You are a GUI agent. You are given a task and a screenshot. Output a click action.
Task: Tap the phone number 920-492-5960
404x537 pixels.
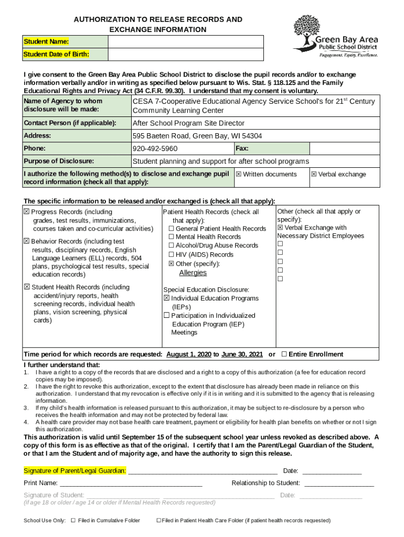[x=155, y=148]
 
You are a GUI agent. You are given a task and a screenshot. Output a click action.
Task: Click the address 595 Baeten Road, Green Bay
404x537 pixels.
[x=197, y=136]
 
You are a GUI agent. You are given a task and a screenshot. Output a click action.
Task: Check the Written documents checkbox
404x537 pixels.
[x=239, y=175]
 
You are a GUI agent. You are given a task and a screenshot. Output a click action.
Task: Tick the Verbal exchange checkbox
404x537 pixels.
[x=314, y=175]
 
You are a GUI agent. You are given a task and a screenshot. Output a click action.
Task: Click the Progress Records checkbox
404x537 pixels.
[x=27, y=212]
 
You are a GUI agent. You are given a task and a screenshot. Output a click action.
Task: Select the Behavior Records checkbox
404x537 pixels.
[x=27, y=241]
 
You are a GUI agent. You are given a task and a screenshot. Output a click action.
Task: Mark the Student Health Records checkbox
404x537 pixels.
[x=27, y=287]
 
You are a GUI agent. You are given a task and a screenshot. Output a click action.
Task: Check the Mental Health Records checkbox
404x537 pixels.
[x=171, y=237]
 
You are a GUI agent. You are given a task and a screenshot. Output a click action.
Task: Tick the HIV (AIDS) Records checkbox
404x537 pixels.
[x=171, y=255]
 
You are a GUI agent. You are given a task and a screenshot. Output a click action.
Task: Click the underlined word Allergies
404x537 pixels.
[x=193, y=273]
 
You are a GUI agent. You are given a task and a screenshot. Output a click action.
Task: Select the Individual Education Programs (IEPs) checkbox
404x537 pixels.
[x=166, y=298]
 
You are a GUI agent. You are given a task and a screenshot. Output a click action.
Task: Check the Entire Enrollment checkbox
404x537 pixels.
[x=284, y=355]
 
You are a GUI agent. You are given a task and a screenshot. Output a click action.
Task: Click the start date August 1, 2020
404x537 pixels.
[x=189, y=355]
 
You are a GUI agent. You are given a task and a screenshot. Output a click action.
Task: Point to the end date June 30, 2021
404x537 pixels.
[x=242, y=355]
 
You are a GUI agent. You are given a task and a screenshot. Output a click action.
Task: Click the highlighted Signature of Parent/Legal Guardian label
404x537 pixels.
[x=75, y=470]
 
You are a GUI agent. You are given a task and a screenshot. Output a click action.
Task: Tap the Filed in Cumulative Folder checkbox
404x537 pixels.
[x=73, y=521]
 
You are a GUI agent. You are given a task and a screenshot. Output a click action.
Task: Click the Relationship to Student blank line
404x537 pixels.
[x=339, y=484]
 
